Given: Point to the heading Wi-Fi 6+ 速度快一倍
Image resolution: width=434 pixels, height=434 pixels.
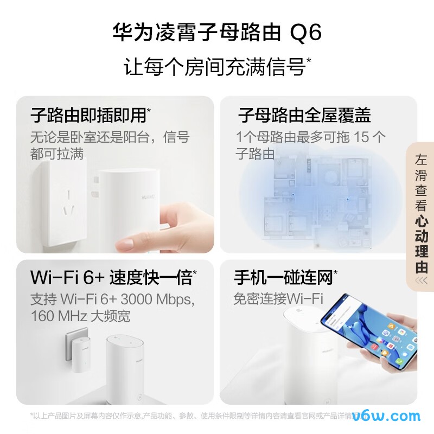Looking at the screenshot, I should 111,278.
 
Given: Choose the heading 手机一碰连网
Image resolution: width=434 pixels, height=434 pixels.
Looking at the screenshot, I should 283,278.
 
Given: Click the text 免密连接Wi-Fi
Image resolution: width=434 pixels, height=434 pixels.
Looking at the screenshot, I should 278,298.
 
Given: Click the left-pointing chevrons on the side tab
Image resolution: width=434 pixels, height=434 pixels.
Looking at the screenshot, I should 421,280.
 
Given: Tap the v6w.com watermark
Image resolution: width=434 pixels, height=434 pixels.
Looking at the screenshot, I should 386,416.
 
